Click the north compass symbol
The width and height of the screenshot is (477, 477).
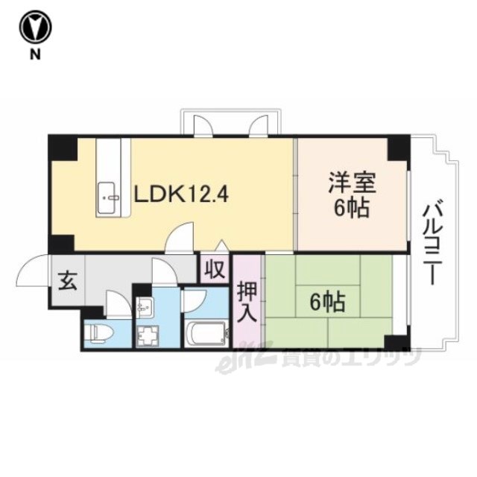(x=35, y=27)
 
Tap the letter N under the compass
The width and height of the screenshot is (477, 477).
(x=35, y=54)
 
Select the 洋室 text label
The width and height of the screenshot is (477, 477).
(x=352, y=183)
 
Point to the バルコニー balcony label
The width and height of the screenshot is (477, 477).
(x=432, y=242)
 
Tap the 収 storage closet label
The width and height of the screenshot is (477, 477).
(x=215, y=268)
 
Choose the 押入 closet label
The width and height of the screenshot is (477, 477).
(x=247, y=303)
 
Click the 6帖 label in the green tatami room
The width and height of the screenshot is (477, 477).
(x=327, y=303)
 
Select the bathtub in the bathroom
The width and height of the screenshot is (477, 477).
(x=207, y=334)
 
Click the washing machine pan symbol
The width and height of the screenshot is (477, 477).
(x=148, y=335)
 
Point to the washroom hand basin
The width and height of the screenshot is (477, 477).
(x=145, y=304)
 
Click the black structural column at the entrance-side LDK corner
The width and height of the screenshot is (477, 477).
(x=63, y=244)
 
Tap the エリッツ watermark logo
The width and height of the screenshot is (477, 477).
(x=318, y=361)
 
